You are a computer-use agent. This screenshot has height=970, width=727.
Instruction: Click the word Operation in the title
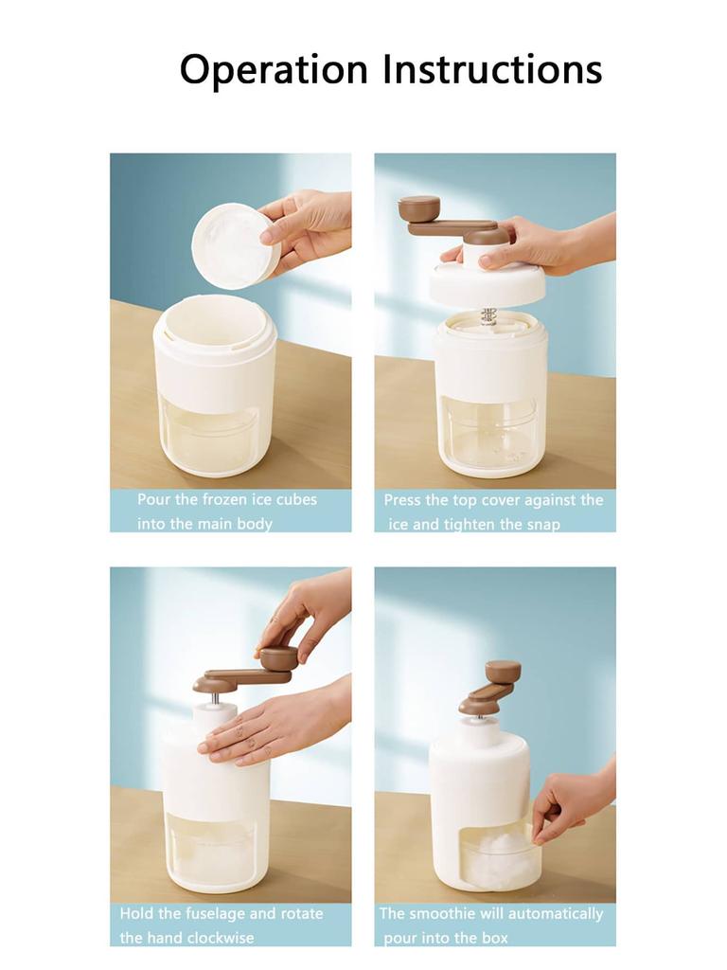(x=274, y=70)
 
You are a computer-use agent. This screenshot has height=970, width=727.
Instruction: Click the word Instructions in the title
(x=491, y=69)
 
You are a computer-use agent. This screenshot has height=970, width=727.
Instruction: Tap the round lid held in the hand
(x=235, y=244)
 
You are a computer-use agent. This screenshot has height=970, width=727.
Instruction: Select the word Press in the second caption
(x=402, y=499)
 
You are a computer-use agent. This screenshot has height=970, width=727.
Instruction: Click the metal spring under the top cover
(x=488, y=315)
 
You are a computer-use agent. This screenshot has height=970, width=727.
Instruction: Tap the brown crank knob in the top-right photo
(x=418, y=207)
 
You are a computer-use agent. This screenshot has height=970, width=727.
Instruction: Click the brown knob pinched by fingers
(x=278, y=657)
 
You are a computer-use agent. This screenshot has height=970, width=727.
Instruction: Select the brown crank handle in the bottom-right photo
(x=491, y=688)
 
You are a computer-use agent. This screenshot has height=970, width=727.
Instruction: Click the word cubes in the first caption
(x=295, y=499)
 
